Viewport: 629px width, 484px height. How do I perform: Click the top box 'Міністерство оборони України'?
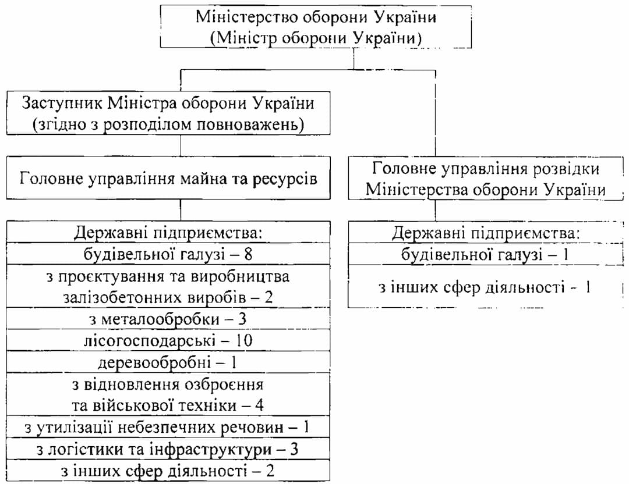(x=316, y=26)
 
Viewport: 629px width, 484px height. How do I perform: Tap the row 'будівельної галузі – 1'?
(x=485, y=254)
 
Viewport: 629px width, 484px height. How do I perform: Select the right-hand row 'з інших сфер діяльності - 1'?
(x=485, y=287)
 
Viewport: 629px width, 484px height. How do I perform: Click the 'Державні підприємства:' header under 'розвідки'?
(x=485, y=234)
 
